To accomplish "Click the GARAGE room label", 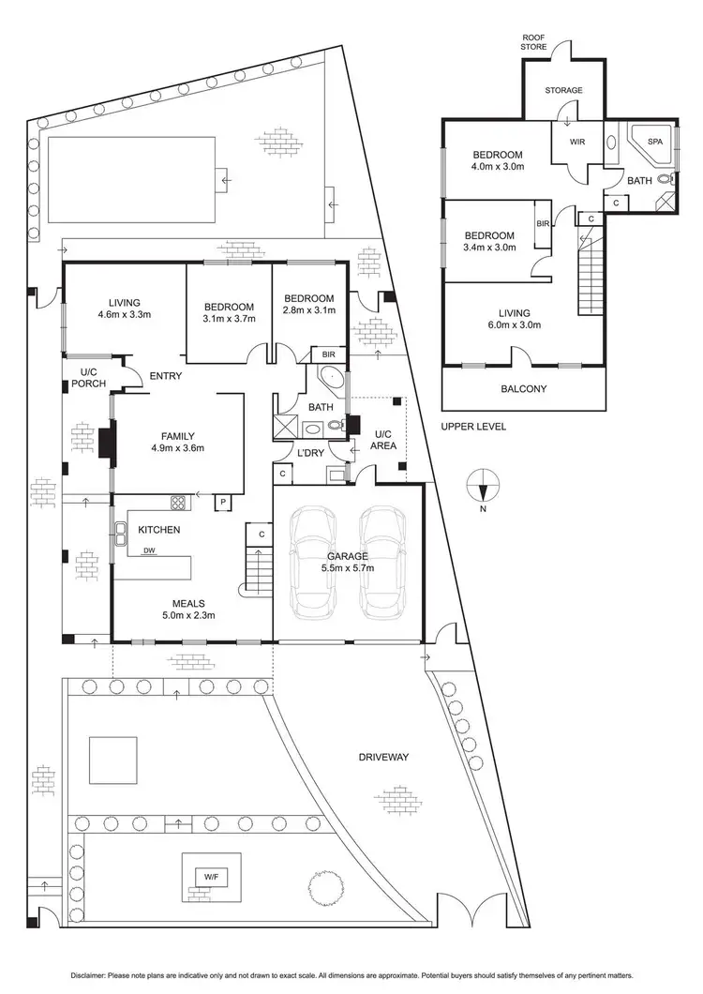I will coord(348,555).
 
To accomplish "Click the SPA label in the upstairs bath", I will coord(654,141).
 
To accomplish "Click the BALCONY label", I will coord(523,388).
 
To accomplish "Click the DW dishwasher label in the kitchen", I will coord(149,551).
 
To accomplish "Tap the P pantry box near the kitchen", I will coord(224,502).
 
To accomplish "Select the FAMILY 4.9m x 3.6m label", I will coord(177,442).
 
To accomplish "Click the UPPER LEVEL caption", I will coord(476,426).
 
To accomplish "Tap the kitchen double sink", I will coord(121,535).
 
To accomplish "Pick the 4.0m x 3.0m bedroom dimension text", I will coord(497,166).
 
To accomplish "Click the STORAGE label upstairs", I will coord(563,90).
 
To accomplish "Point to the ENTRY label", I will coord(164,376).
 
